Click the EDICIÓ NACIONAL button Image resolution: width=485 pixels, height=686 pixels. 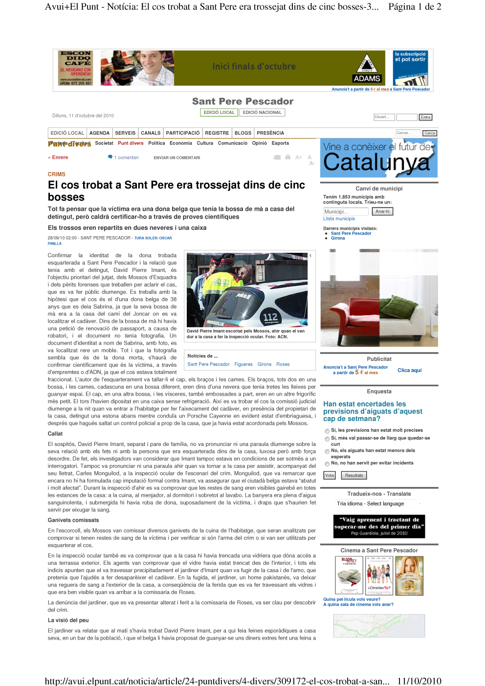click(x=262, y=112)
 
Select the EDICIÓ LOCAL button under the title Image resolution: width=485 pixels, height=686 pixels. click(x=219, y=112)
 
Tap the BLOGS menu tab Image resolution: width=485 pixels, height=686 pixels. click(x=243, y=133)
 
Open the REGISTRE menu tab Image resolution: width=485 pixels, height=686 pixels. click(x=217, y=133)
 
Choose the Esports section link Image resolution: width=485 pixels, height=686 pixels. click(x=280, y=143)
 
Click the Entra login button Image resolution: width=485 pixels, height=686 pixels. click(x=426, y=117)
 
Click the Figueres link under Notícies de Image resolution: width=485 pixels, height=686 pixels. click(x=243, y=364)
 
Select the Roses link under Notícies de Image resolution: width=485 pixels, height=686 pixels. click(x=283, y=364)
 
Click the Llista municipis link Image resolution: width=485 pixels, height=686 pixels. click(x=339, y=219)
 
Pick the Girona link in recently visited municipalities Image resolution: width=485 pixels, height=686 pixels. click(x=338, y=238)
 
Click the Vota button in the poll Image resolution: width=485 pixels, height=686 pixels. click(x=330, y=475)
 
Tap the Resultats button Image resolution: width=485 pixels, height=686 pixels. click(x=354, y=475)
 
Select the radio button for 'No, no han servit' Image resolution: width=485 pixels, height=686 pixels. click(x=327, y=464)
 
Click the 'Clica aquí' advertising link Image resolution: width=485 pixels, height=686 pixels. click(x=409, y=370)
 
